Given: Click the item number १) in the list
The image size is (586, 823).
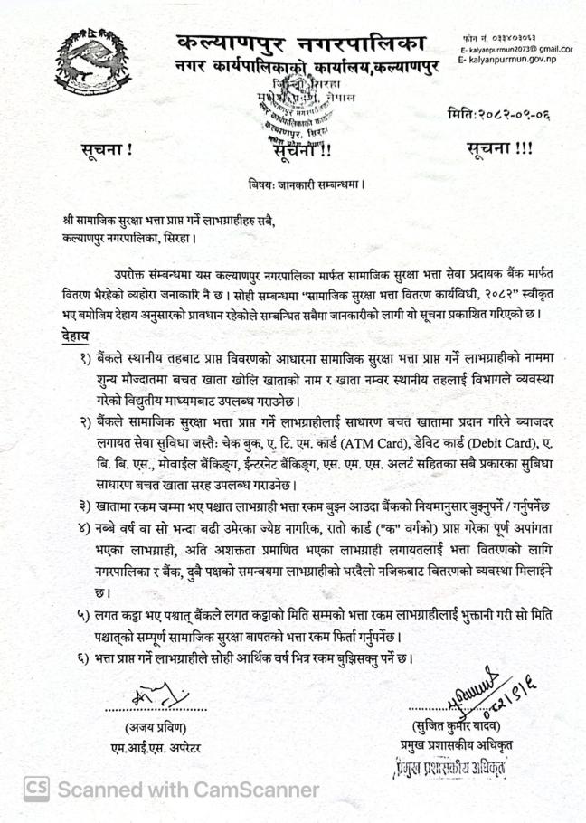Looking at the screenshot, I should (88, 358).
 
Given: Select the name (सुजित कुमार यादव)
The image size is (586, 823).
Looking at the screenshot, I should (450, 726).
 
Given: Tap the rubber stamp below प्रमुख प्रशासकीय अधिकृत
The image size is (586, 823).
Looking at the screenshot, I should (449, 770).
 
